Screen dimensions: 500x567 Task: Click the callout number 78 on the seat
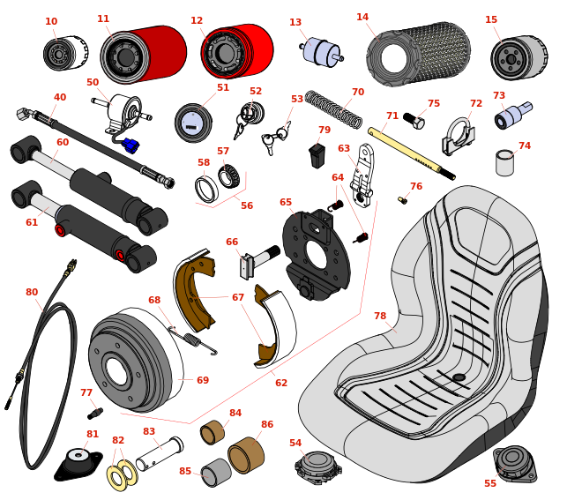pos(380,317)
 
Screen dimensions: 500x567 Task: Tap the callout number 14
pos(362,18)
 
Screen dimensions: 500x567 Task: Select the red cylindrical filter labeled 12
pos(238,51)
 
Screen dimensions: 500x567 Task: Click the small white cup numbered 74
pos(504,163)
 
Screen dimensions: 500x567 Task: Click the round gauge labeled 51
pos(192,123)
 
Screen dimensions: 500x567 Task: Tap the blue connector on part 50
pos(131,145)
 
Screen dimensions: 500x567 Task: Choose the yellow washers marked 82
pos(122,474)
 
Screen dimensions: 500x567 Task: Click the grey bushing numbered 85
pos(215,473)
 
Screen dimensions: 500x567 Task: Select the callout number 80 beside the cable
pos(32,293)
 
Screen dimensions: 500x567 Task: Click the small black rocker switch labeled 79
pos(317,156)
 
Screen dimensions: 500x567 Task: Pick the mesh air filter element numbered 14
pos(419,55)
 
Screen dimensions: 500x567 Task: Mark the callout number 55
pos(490,483)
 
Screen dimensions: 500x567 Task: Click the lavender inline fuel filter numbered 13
pos(321,52)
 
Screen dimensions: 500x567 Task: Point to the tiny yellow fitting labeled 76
pos(402,200)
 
